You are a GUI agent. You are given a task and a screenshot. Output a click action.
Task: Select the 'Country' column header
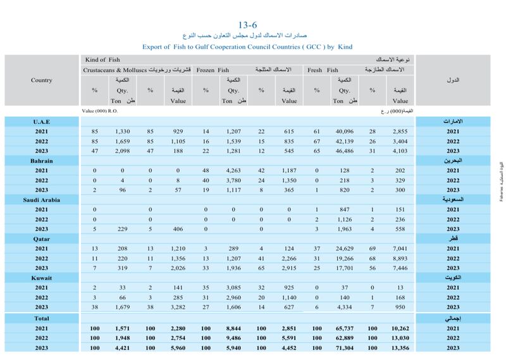41,80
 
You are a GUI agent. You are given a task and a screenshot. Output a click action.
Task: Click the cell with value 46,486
343,151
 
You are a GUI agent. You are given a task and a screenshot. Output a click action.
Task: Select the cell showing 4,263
234,171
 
